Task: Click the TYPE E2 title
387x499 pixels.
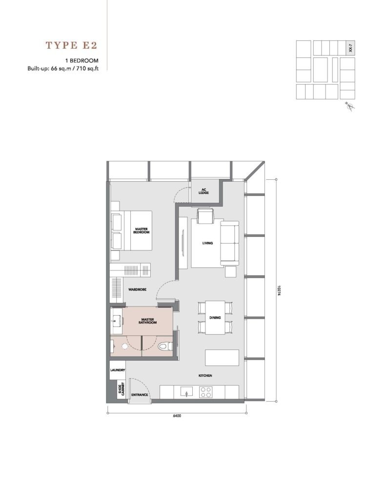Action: click(71, 45)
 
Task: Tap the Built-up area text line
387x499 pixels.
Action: click(63, 68)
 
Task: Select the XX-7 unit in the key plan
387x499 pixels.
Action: click(351, 48)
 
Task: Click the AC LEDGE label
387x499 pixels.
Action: click(204, 191)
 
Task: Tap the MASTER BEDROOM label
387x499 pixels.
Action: click(141, 230)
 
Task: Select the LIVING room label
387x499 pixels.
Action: click(207, 243)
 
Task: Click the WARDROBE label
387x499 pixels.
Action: click(138, 289)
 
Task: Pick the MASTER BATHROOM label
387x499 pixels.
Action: click(147, 321)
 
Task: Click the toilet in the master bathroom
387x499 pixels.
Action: click(165, 346)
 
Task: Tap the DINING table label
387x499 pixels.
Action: click(215, 318)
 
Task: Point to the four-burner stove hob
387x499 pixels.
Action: click(205, 392)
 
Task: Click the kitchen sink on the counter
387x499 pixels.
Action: click(186, 392)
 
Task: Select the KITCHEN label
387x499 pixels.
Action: click(205, 376)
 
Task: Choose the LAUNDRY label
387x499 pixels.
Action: click(118, 370)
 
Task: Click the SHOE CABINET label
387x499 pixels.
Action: click(122, 389)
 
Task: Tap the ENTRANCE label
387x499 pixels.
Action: click(140, 395)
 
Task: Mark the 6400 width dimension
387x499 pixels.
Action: click(177, 416)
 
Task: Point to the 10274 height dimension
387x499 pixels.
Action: click(279, 290)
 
